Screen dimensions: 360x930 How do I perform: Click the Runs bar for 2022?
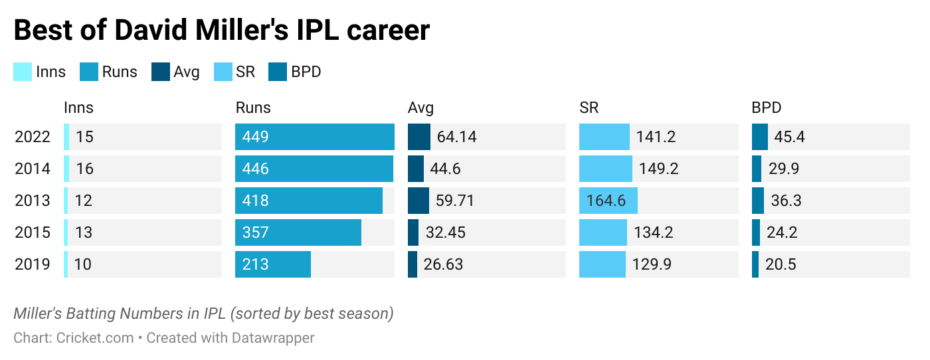(314, 137)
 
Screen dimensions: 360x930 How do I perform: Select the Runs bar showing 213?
(273, 264)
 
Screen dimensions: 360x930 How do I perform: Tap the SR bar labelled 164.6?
(608, 201)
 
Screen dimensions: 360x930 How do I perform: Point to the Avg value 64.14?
(457, 137)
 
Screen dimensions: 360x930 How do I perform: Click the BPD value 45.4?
(789, 137)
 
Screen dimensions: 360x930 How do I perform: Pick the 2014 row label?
(33, 169)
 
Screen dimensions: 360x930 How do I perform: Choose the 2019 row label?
(33, 264)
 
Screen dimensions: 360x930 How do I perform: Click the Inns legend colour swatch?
(23, 72)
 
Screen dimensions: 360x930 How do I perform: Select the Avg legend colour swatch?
(161, 72)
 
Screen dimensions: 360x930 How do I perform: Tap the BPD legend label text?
(306, 72)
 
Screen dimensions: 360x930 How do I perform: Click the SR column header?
(589, 108)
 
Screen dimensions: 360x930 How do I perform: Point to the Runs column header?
(253, 108)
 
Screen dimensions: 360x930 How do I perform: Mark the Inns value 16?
(85, 169)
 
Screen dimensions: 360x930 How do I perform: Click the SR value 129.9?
(652, 264)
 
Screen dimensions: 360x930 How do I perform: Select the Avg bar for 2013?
(418, 201)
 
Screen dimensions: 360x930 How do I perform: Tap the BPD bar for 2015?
(756, 232)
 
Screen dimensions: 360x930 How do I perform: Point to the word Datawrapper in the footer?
(273, 337)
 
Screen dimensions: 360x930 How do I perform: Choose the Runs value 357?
(256, 232)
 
